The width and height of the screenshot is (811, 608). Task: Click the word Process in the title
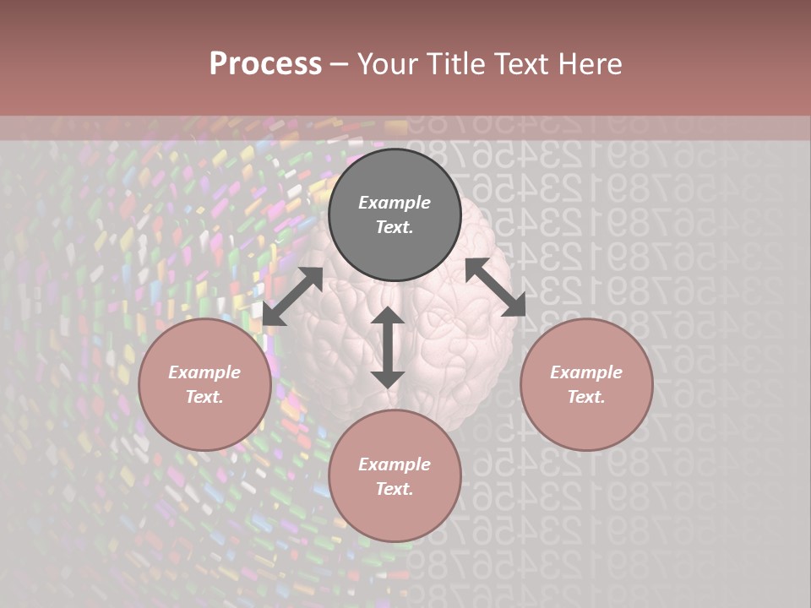(x=265, y=64)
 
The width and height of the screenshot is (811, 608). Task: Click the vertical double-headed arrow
(x=388, y=347)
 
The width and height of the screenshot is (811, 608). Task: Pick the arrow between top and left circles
(x=292, y=296)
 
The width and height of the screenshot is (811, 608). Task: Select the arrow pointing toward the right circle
(x=495, y=287)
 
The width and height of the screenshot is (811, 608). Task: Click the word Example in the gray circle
(x=395, y=203)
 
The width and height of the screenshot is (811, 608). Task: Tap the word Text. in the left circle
(x=204, y=397)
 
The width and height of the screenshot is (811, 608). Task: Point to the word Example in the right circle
(x=586, y=372)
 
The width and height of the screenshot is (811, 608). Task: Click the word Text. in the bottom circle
(x=395, y=489)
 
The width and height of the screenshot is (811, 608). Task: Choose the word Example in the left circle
(x=204, y=372)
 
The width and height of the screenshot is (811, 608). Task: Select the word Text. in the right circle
(x=586, y=397)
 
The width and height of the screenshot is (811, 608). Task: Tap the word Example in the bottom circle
(x=395, y=464)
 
